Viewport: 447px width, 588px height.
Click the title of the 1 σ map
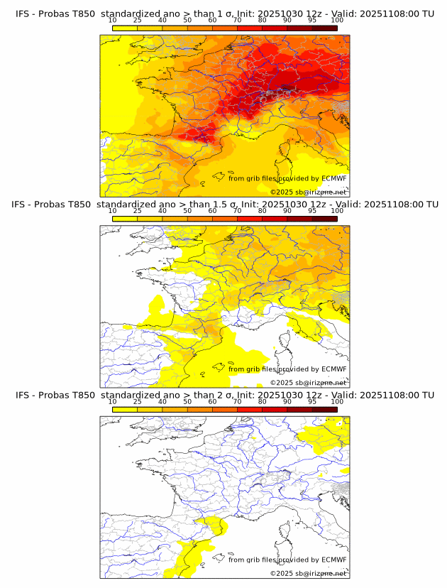224,13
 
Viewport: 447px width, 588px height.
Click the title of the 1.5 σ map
224,205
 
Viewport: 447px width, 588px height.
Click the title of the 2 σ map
224,395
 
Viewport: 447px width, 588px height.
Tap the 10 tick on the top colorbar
113,21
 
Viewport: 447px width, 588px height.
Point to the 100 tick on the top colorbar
337,21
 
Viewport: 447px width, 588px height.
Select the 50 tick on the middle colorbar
187,211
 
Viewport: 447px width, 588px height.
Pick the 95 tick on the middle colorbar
312,211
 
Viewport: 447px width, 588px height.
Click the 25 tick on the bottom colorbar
138,402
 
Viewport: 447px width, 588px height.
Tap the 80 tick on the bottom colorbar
263,402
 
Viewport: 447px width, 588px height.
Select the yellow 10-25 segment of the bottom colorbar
125,409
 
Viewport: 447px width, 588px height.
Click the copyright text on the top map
309,192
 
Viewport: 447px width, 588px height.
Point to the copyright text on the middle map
309,382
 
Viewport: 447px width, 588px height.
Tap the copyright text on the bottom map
309,573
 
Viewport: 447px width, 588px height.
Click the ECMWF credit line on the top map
287,178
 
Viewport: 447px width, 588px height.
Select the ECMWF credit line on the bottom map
287,560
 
